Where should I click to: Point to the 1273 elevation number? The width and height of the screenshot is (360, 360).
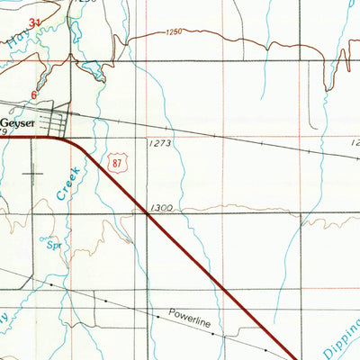click(158, 143)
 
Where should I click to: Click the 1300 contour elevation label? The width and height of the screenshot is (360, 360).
click(164, 208)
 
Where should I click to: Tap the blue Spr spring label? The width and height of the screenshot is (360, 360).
click(52, 243)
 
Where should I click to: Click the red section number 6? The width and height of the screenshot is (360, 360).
click(35, 94)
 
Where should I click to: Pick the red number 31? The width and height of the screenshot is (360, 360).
click(35, 21)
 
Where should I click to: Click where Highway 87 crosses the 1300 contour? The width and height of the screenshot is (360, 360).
click(148, 213)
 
